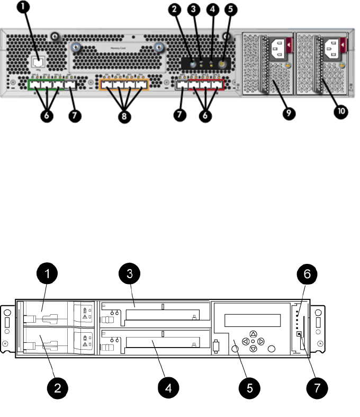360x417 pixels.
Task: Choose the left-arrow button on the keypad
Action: tap(245, 341)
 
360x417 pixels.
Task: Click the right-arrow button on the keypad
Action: tap(261, 341)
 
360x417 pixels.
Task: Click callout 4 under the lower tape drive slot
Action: tap(168, 388)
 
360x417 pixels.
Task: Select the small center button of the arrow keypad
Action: tap(253, 341)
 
